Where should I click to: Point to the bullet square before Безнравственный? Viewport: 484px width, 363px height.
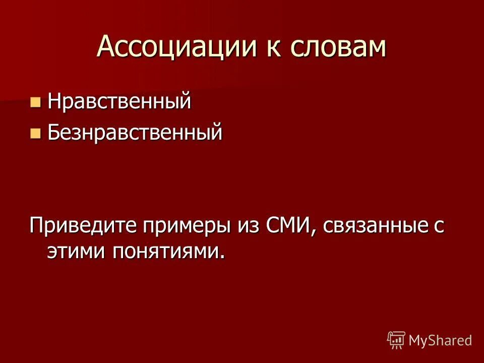(x=35, y=134)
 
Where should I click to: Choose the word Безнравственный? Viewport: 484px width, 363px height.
(x=135, y=133)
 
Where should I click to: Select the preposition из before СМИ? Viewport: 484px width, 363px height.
(x=246, y=225)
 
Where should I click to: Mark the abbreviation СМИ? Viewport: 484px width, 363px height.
(x=286, y=224)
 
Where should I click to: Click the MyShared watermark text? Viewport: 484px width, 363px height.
(x=440, y=340)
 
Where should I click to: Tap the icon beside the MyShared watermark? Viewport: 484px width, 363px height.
(x=396, y=340)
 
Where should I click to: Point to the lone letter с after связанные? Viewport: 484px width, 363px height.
(x=439, y=226)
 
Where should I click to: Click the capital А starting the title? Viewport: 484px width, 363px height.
(x=106, y=47)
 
